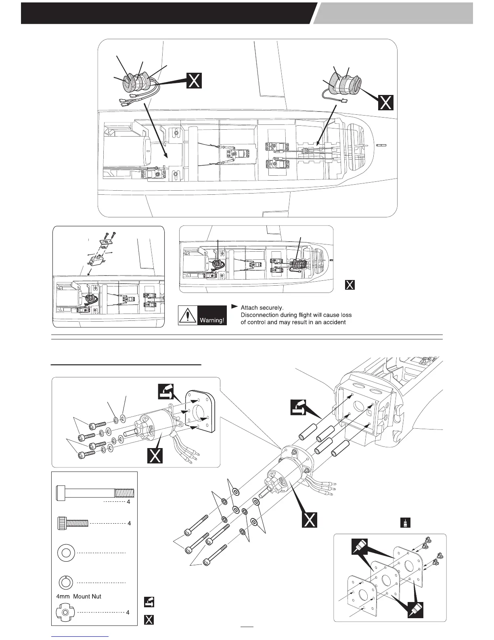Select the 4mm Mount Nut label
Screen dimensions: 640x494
(79, 596)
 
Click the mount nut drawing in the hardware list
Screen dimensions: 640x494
(66, 613)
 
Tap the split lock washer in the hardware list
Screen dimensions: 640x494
(66, 583)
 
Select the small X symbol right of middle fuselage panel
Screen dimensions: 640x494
(350, 285)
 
